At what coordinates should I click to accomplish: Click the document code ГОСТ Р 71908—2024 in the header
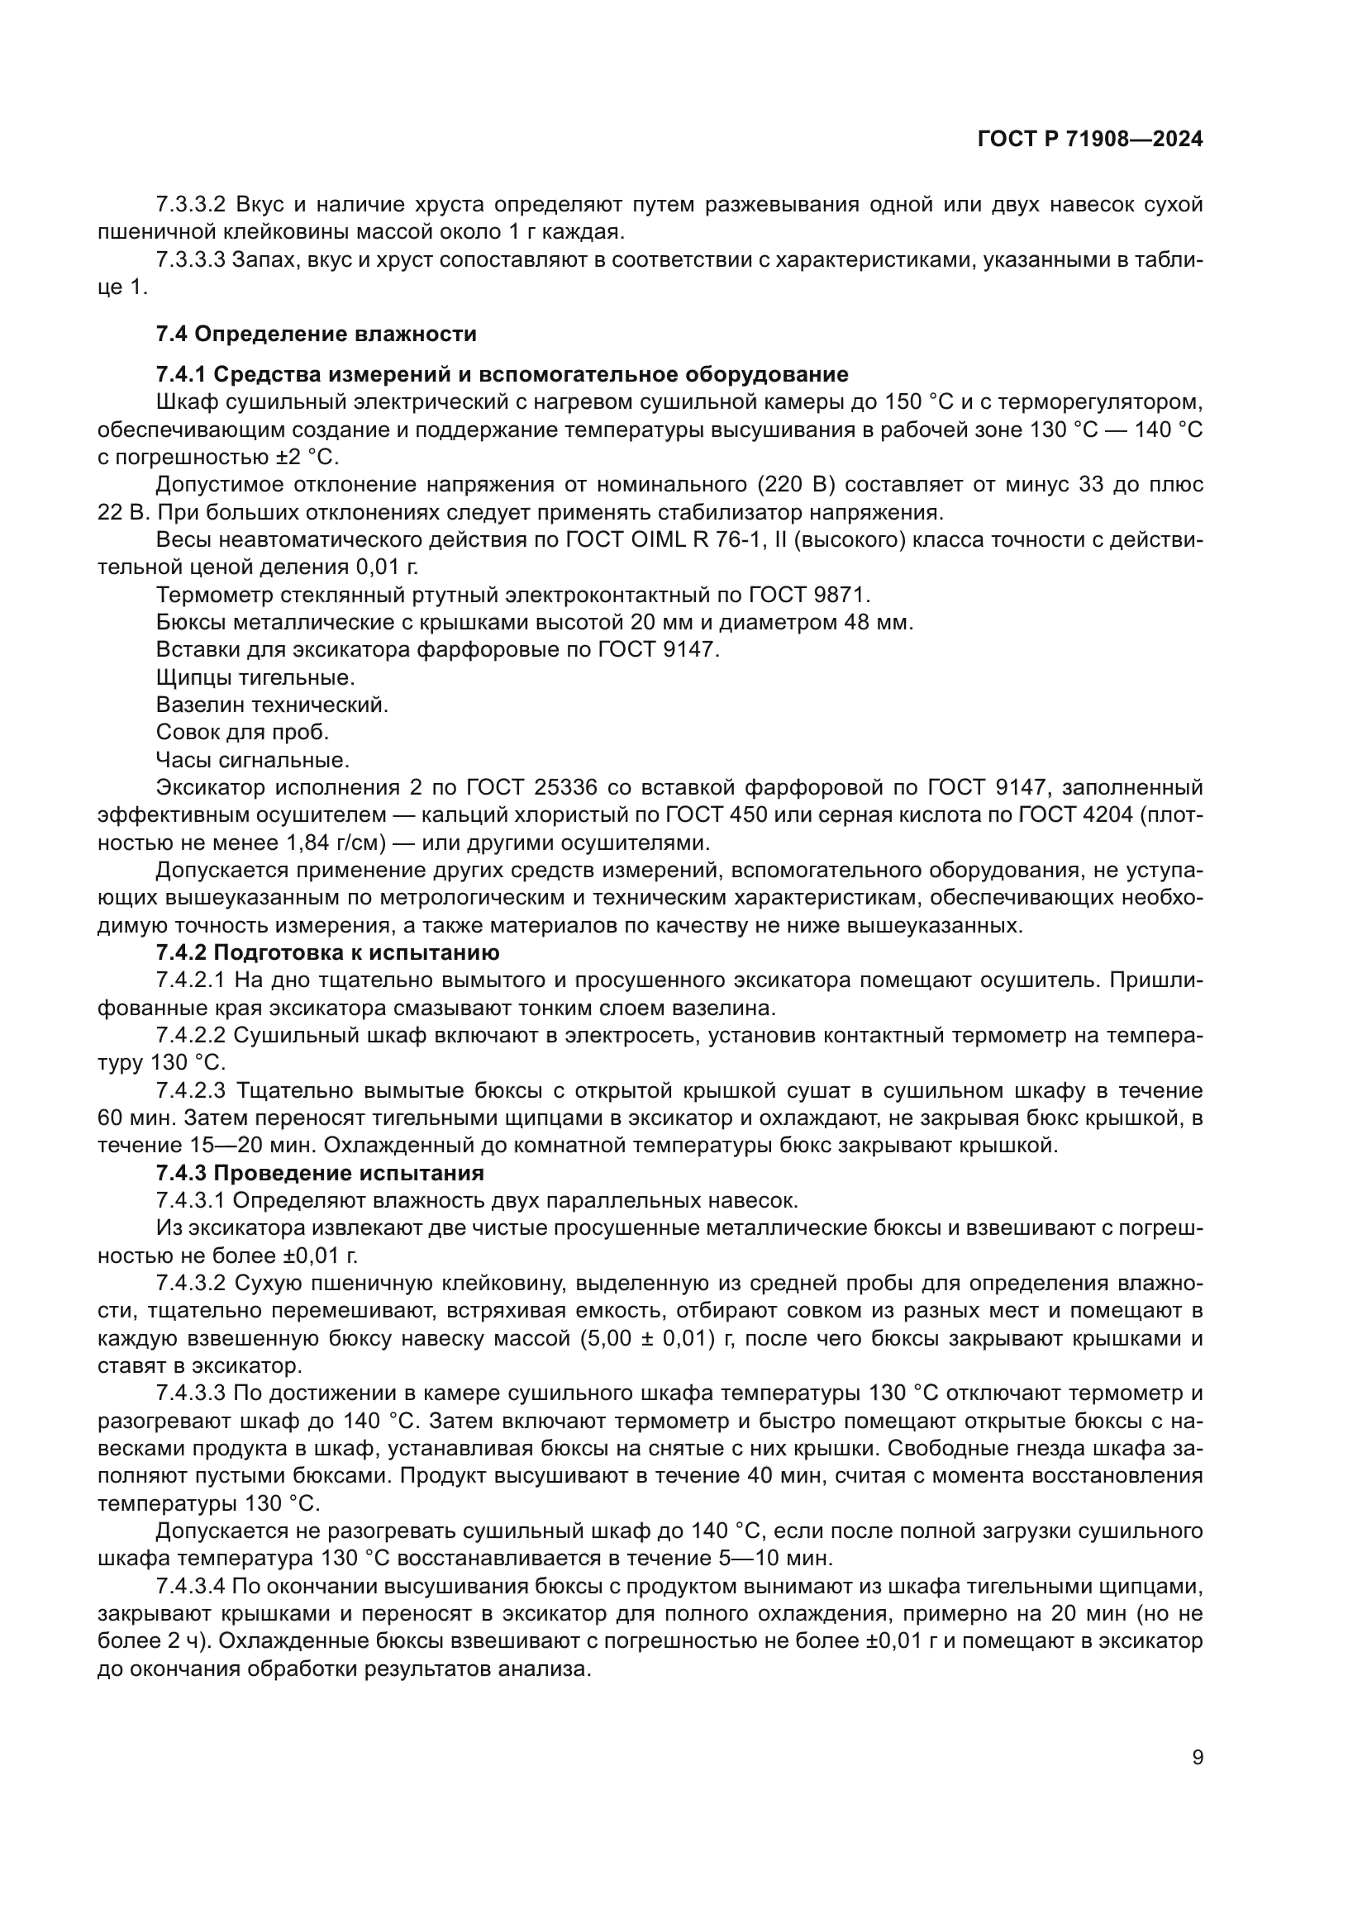click(x=1090, y=139)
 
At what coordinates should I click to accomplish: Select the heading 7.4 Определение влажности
click(x=316, y=334)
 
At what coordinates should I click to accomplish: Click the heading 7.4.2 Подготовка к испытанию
click(x=327, y=952)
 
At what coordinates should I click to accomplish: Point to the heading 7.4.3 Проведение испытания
click(x=320, y=1172)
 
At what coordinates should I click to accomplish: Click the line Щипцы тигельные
click(x=255, y=676)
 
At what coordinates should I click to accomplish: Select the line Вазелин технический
click(x=272, y=705)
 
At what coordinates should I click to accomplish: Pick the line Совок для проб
click(x=242, y=732)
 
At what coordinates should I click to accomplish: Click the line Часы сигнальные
click(x=253, y=760)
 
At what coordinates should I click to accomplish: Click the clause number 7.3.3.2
click(x=191, y=205)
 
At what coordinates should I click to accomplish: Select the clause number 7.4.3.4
click(x=191, y=1586)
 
